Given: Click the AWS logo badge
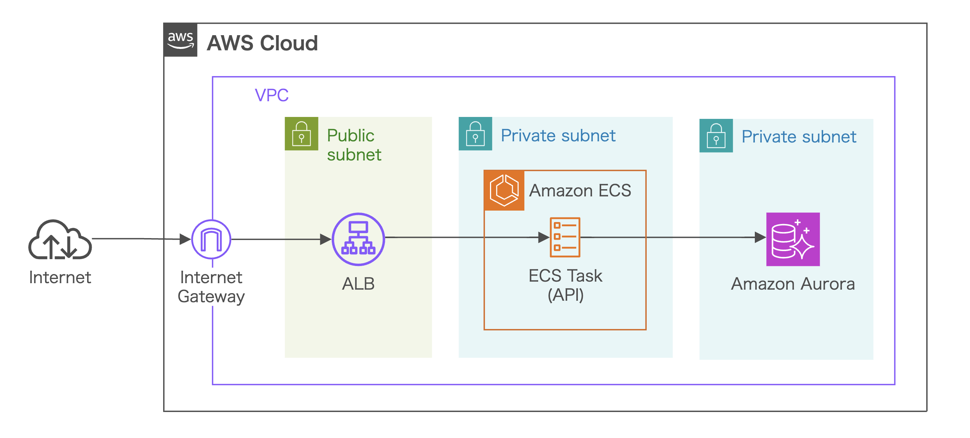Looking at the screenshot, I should pos(180,40).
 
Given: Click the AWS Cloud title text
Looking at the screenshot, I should pos(262,43).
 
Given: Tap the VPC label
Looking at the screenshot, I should pos(271,95).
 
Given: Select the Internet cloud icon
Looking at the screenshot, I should pos(60,240).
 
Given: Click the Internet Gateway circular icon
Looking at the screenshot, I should pos(211,240).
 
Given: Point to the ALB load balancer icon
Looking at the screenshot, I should pos(358,239).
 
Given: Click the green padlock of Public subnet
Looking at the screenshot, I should pos(301,134).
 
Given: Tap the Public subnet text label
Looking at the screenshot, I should pos(354,145).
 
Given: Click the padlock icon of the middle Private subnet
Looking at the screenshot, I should pos(475,134).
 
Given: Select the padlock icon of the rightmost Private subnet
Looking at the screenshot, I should pos(716,136).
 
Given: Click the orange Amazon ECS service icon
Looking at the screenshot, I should pos(504,190).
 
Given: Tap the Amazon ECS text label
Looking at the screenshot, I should pos(580,190).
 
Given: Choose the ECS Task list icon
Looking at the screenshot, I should pos(565,237).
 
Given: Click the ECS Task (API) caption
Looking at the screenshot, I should pos(565,285).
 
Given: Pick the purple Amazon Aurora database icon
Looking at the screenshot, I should pos(793,239).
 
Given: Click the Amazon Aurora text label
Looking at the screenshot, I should pos(793,284).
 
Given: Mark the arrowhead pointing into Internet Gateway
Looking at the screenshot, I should pos(185,240).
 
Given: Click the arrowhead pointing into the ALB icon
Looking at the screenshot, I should pos(325,240).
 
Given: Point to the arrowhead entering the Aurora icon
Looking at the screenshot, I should pos(760,237).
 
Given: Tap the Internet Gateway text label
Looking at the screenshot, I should pos(211,287).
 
